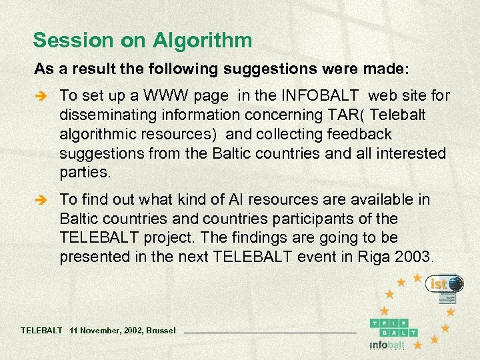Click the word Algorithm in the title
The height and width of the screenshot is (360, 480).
pyautogui.click(x=202, y=41)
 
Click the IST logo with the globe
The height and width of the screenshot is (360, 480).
pyautogui.click(x=445, y=285)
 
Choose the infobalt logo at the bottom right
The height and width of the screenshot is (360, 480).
pyautogui.click(x=387, y=345)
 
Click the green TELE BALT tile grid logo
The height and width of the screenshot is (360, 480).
pyautogui.click(x=394, y=326)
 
